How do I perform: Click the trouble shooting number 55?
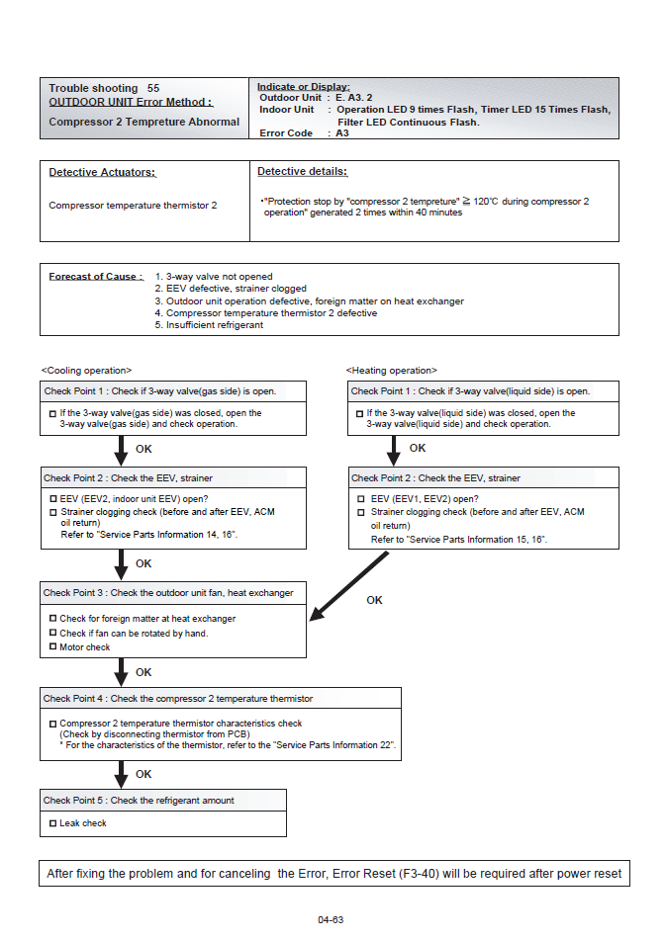[x=153, y=88]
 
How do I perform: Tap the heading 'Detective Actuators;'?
[x=102, y=173]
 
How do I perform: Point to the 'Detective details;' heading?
[x=302, y=172]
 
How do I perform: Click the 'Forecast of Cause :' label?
[x=96, y=277]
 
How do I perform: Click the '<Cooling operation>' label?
[x=86, y=371]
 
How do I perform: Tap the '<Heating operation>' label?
[x=391, y=371]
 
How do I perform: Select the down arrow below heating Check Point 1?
[x=393, y=450]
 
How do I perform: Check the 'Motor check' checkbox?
[x=52, y=647]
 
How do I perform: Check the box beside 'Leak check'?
[x=52, y=823]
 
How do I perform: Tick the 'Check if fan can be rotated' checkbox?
[x=52, y=634]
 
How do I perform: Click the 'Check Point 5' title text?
[x=139, y=801]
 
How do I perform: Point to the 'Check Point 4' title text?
[x=178, y=699]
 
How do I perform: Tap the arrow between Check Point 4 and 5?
[x=121, y=774]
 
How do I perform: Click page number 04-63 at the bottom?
[x=331, y=919]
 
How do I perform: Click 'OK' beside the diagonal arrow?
[x=374, y=600]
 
